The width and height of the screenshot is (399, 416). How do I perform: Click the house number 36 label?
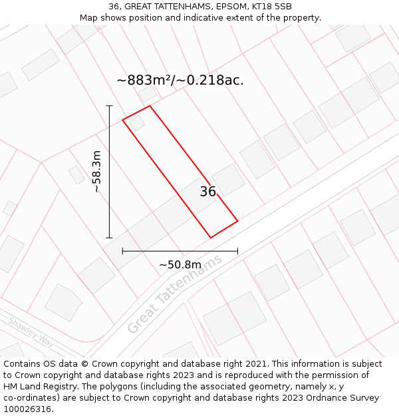[207, 192]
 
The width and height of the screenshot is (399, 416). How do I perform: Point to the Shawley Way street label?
[31, 331]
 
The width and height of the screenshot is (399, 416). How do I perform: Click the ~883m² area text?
[144, 81]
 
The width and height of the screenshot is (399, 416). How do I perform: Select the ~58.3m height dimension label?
[96, 172]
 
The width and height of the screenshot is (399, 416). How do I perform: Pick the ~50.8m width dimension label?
[180, 265]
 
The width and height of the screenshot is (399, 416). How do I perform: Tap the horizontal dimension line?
[180, 251]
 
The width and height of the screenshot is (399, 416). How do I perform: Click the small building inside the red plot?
[138, 123]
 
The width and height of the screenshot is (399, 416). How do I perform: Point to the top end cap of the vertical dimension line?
[110, 105]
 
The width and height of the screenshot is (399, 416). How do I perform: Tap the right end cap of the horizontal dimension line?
[237, 251]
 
